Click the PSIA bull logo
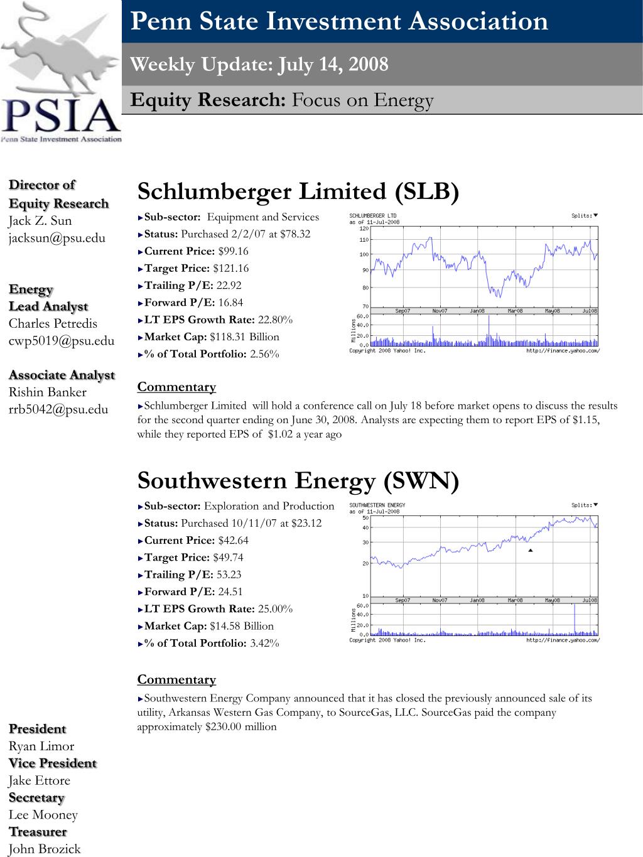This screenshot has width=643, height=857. pyautogui.click(x=61, y=72)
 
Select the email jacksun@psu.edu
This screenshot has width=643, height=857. pyautogui.click(x=57, y=238)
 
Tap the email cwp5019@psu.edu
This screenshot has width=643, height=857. pyautogui.click(x=62, y=341)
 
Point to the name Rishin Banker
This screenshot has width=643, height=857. pyautogui.click(x=48, y=392)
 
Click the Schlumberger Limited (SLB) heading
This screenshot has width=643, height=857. pyautogui.click(x=298, y=191)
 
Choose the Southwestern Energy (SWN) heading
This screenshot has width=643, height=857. pyautogui.click(x=298, y=481)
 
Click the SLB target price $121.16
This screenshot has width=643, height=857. pyautogui.click(x=231, y=268)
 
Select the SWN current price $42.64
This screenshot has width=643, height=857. pyautogui.click(x=233, y=540)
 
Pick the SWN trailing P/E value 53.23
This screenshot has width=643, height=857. pyautogui.click(x=228, y=574)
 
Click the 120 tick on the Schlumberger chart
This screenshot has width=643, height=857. pyautogui.click(x=364, y=229)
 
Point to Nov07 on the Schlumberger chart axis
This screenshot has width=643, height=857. pyautogui.click(x=440, y=311)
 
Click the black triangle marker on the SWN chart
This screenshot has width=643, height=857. pyautogui.click(x=531, y=550)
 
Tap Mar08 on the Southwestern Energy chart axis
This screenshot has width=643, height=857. pyautogui.click(x=516, y=600)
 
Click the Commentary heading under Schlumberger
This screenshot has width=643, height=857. pyautogui.click(x=176, y=387)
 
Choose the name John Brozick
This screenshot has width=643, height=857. pyautogui.click(x=45, y=849)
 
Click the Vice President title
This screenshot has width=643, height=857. pyautogui.click(x=53, y=763)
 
